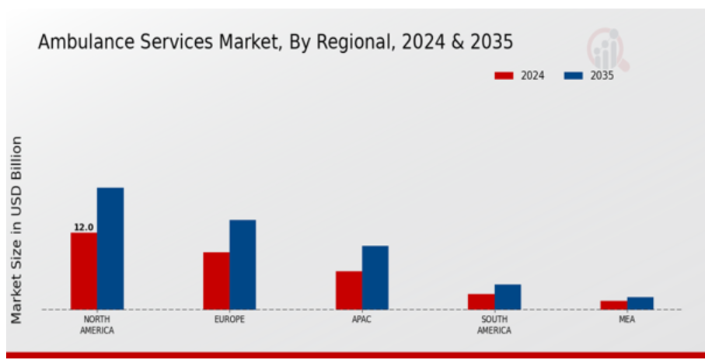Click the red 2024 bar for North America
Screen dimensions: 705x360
(84, 271)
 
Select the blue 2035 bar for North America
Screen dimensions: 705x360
(110, 248)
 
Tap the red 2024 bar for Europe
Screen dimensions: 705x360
(216, 281)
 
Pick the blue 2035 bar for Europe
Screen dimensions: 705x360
(243, 264)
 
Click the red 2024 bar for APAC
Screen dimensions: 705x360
(349, 290)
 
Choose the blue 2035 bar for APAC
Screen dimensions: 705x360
(375, 278)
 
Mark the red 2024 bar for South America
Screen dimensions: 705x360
(482, 302)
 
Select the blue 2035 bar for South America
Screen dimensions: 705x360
(508, 297)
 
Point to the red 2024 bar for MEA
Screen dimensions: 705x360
(614, 305)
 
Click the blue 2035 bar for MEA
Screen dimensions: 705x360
(640, 303)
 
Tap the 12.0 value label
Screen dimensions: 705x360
(84, 227)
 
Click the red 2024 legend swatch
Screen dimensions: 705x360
(504, 75)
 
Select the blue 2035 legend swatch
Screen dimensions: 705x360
(574, 75)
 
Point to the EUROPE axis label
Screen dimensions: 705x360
(229, 320)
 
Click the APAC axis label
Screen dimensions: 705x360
(362, 320)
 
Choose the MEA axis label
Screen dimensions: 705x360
(626, 320)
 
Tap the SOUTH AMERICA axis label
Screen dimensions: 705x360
(494, 325)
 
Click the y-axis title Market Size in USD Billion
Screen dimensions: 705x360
(16, 229)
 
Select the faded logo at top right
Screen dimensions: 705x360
(608, 50)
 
